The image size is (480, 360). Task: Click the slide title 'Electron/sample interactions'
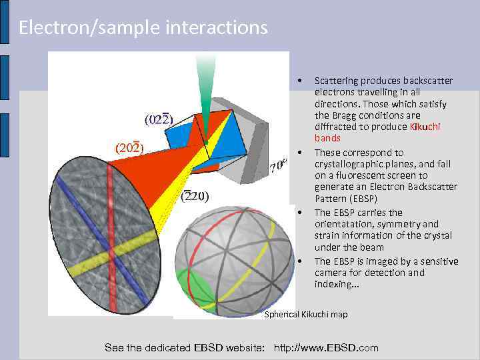point(143,27)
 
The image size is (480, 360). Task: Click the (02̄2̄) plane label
point(159,120)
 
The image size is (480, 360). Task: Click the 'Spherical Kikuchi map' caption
point(306,314)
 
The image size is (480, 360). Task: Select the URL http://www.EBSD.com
point(326,347)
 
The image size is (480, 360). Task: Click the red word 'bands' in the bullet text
point(327,138)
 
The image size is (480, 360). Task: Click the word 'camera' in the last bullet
point(331,273)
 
